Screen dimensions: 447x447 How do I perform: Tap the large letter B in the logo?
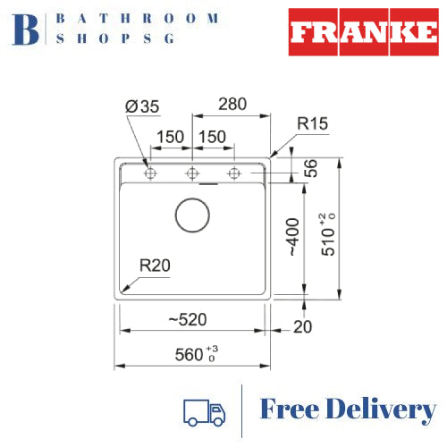click(28, 29)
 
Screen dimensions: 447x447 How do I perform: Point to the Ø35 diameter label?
click(143, 106)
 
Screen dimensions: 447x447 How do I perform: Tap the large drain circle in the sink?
click(191, 215)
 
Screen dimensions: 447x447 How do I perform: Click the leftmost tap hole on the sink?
click(149, 173)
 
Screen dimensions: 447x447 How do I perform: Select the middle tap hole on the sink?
click(191, 173)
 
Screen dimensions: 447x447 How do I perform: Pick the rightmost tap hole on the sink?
click(233, 173)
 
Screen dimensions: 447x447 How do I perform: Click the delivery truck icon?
click(204, 411)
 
